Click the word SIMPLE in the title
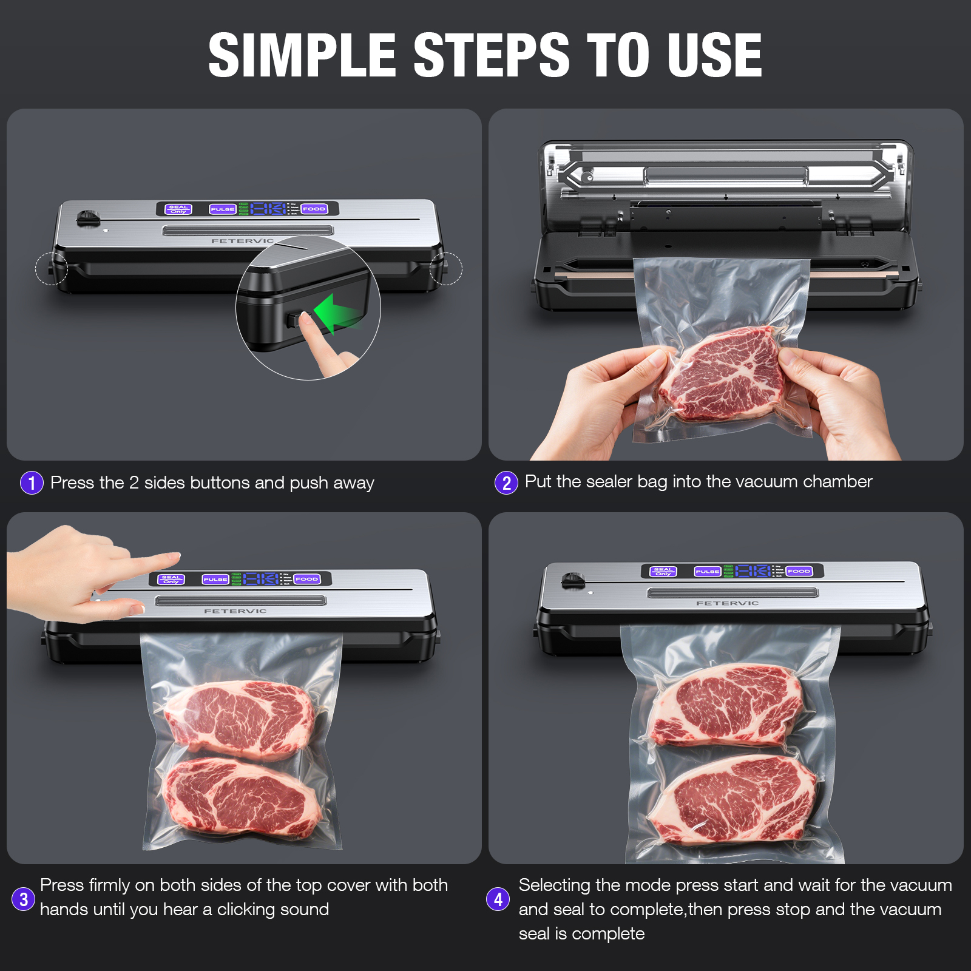click(x=302, y=55)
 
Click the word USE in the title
click(x=714, y=55)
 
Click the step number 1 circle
click(x=32, y=483)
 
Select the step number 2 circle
click(x=506, y=483)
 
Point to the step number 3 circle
click(x=23, y=899)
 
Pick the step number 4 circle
click(x=498, y=899)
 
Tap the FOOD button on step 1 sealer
click(x=314, y=209)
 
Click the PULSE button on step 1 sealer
click(x=223, y=209)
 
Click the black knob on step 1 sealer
click(x=89, y=218)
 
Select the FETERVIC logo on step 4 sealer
click(x=727, y=603)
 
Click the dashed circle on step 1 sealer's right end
click(x=446, y=268)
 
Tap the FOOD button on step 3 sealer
click(x=307, y=579)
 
